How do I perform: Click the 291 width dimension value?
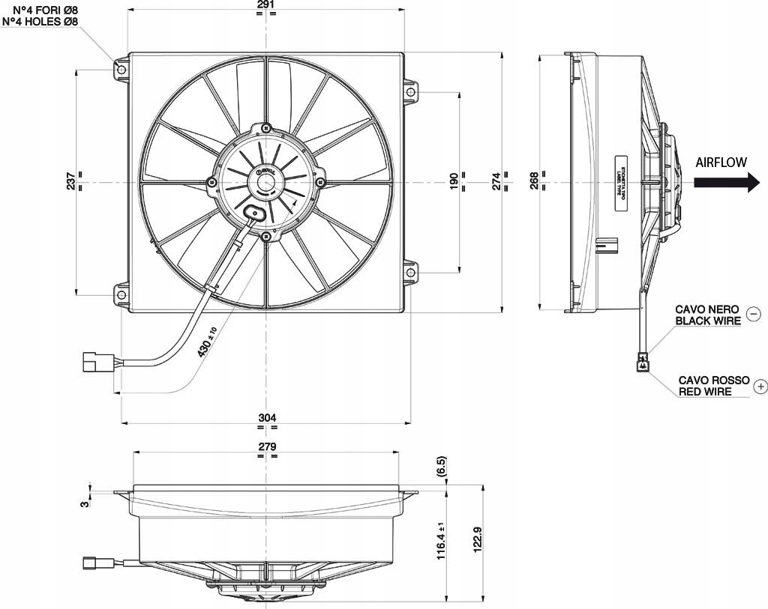click(266, 5)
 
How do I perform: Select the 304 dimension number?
click(268, 417)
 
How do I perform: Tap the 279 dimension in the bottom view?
click(268, 446)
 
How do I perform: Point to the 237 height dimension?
click(70, 181)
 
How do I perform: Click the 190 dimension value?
click(454, 181)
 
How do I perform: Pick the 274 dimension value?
click(496, 181)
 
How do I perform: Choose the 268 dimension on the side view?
click(534, 181)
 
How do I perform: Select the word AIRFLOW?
click(721, 162)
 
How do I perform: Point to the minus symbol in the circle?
click(754, 315)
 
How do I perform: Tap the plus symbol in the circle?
click(760, 387)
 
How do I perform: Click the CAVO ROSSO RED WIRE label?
click(713, 386)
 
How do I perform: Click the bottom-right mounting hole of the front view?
click(410, 273)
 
